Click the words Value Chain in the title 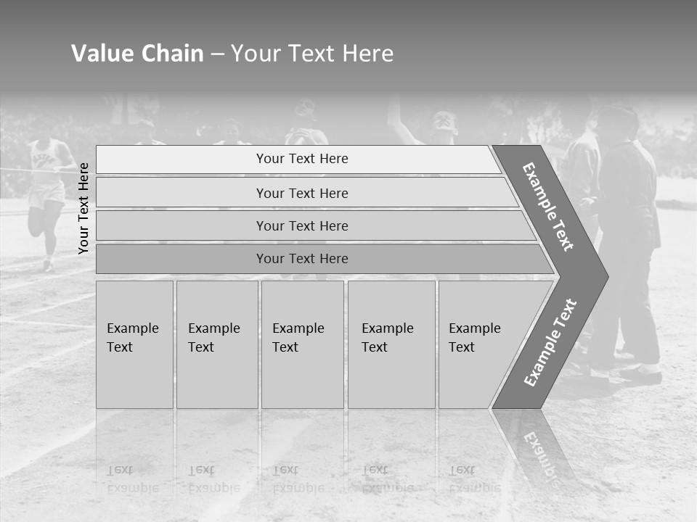[137, 54]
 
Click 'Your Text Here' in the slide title [312, 54]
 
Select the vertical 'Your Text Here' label [83, 208]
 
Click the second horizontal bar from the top [301, 193]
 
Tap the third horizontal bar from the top [301, 225]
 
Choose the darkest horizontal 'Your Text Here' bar [301, 259]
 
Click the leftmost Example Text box [134, 344]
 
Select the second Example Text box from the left [216, 344]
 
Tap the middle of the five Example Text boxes [302, 344]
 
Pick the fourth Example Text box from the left [391, 344]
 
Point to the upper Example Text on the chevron [548, 207]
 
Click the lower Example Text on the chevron [550, 343]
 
